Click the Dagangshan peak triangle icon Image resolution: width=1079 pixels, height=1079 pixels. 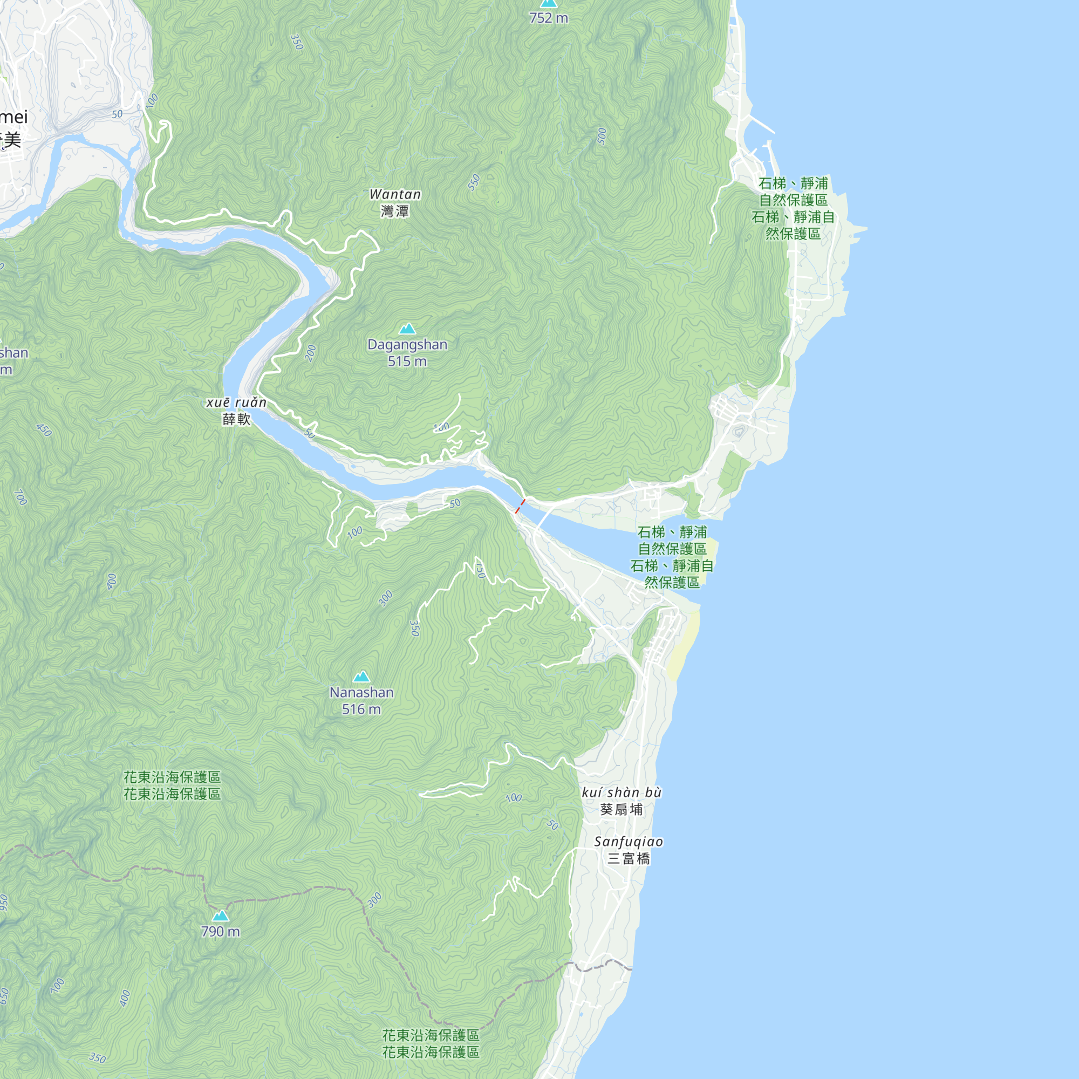point(407,329)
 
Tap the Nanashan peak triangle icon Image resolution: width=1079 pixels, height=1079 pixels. point(361,677)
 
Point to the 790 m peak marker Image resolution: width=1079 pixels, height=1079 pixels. point(221,916)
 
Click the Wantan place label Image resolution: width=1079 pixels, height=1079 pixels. point(395,194)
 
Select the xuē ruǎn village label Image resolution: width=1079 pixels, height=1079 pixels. point(236,402)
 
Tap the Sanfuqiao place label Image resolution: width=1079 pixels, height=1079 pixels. point(629,842)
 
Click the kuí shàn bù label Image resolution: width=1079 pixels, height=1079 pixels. point(622,793)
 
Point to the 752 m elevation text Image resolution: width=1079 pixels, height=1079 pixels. point(549,18)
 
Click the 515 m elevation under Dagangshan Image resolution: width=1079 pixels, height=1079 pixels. point(407,361)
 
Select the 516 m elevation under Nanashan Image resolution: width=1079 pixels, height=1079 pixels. point(361,709)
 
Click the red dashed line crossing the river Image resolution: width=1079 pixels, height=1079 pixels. point(520,506)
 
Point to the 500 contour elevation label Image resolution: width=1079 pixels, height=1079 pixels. point(602,136)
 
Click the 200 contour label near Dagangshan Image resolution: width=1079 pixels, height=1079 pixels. point(311,353)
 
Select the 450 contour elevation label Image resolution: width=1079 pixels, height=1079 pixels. point(44,430)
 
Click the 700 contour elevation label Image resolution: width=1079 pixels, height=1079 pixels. point(20,496)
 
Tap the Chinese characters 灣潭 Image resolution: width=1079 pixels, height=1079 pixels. point(395,211)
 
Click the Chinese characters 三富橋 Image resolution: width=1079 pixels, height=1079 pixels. point(629,858)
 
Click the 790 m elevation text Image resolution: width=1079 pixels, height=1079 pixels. point(221,932)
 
